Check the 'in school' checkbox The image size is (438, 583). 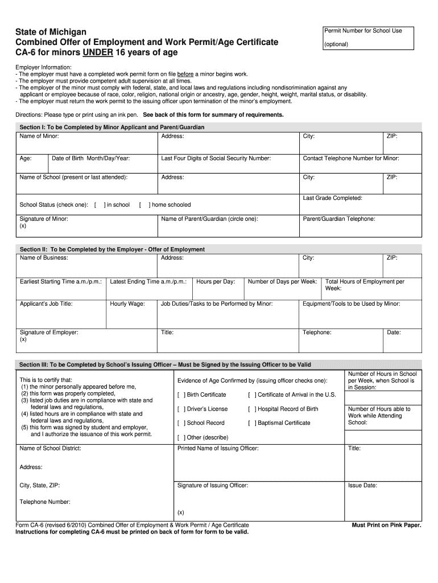coord(100,205)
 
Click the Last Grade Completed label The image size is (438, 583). coord(332,198)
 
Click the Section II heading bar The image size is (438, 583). coord(219,249)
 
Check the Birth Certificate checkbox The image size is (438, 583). coord(181,395)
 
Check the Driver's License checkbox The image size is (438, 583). coord(181,409)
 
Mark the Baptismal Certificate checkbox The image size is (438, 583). coord(252,423)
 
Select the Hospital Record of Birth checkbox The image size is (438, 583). coord(252,409)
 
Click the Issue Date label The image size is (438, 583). coord(362,486)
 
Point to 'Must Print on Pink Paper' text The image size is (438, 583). coord(386,525)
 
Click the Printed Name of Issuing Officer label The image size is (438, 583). coord(218,449)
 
